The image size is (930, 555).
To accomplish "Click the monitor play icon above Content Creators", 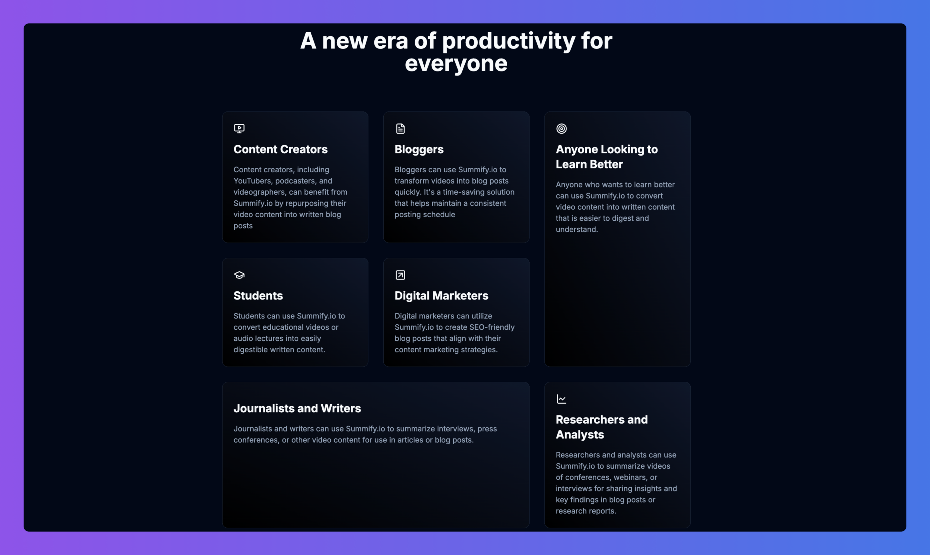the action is (x=239, y=129).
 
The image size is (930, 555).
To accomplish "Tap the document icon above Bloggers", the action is (x=400, y=129).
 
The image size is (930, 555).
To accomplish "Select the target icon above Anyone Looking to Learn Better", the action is (x=561, y=129).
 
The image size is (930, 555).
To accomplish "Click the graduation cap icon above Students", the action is (x=239, y=275).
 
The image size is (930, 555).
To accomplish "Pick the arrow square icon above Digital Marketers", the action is (x=400, y=275).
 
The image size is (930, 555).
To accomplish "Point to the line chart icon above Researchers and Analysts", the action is (x=561, y=399).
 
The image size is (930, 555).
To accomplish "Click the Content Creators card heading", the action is (x=280, y=149).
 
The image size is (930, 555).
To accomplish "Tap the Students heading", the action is (x=258, y=296).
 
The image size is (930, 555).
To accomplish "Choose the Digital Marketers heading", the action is (x=441, y=296).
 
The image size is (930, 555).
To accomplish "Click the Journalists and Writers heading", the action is (x=297, y=408).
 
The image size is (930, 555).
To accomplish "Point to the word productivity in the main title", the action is (x=509, y=41).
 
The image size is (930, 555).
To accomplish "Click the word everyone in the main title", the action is (x=456, y=64).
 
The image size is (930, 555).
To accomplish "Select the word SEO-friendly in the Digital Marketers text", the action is (x=492, y=327).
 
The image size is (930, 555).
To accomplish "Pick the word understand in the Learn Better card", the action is (x=577, y=229).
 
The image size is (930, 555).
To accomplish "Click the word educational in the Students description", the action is (x=286, y=327).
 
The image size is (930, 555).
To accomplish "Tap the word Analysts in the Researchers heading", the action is (x=580, y=435).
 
